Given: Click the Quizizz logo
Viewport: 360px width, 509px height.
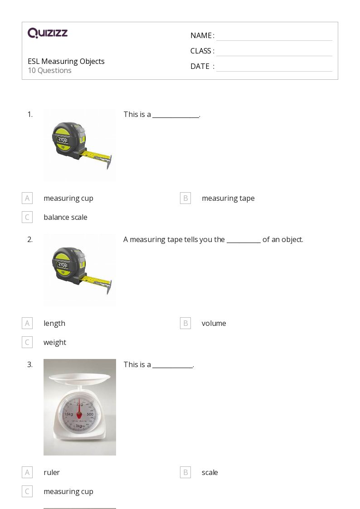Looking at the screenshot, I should click(48, 33).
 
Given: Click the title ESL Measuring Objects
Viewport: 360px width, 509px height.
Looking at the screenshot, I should click(66, 61).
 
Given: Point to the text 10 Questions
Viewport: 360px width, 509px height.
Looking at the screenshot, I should click(49, 71).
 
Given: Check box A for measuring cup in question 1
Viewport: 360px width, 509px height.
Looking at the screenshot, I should click(27, 198).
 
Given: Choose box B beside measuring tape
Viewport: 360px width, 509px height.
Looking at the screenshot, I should click(185, 198).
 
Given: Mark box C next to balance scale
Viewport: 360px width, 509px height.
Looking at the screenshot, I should click(27, 217).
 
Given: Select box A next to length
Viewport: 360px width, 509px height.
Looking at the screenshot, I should click(27, 323).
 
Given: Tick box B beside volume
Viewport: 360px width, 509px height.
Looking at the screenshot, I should click(185, 323).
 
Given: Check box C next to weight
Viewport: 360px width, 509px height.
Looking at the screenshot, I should click(27, 342).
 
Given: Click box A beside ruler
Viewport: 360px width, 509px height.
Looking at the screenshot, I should click(27, 472).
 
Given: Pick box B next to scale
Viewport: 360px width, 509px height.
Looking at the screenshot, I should click(185, 472).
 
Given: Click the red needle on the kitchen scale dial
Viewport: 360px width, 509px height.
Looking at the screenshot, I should click(79, 410).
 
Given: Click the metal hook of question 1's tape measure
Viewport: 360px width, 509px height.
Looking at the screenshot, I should click(109, 163).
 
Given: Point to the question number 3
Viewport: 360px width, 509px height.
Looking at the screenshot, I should click(30, 364).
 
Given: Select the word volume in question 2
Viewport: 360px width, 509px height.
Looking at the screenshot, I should click(214, 323).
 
